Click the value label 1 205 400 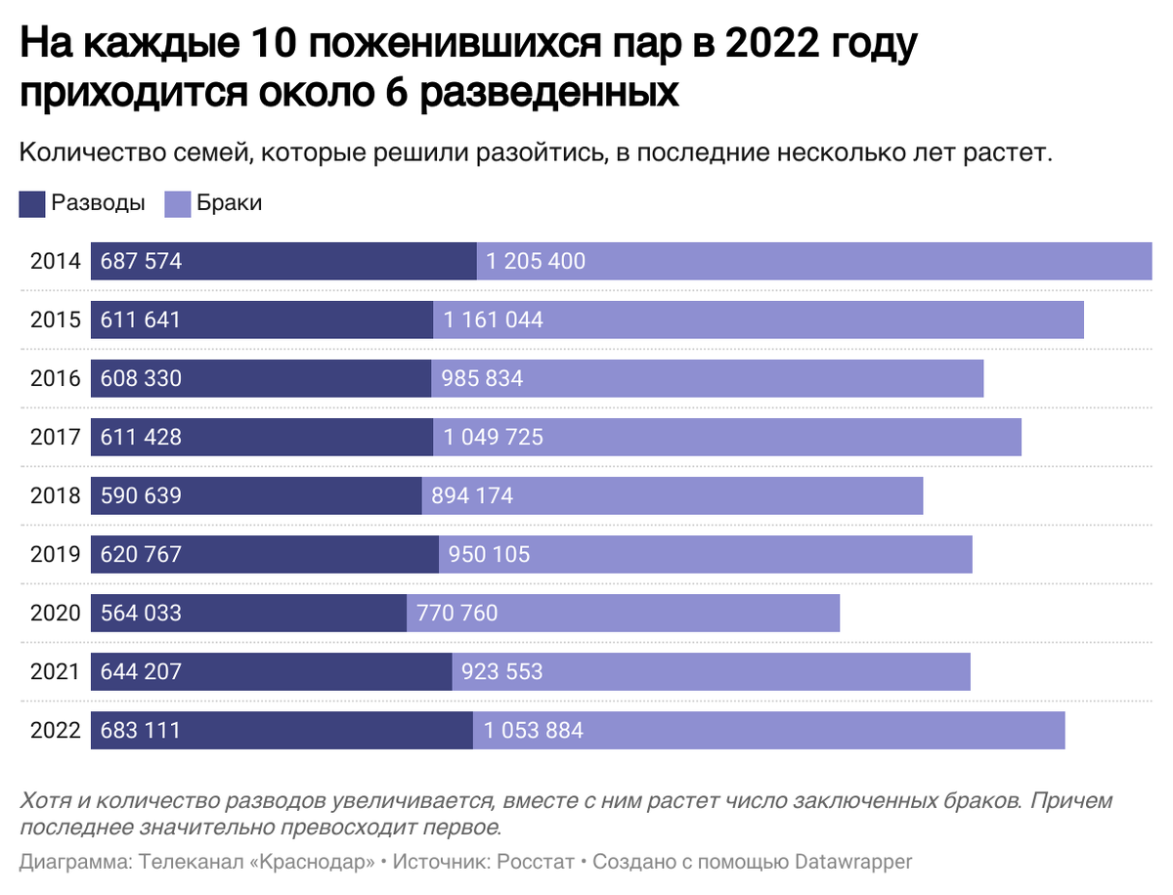coord(535,262)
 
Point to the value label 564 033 coord(141,614)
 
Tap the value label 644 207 coord(141,672)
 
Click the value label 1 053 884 coord(533,731)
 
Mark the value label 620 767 coord(141,555)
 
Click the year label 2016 coord(55,379)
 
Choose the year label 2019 coord(55,555)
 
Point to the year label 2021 coord(55,672)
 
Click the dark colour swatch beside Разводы coord(31,203)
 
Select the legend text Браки coord(229,203)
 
